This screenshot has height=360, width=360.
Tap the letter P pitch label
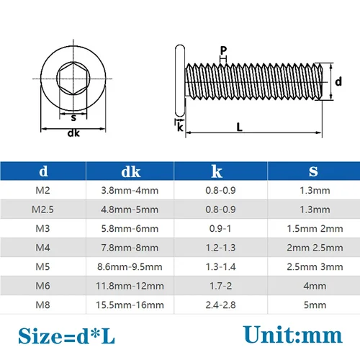click(x=224, y=50)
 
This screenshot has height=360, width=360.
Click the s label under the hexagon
click(x=73, y=116)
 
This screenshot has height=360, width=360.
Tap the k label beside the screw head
click(x=180, y=128)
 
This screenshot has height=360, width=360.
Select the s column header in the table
click(x=312, y=171)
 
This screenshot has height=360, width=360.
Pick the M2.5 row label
click(x=44, y=210)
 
